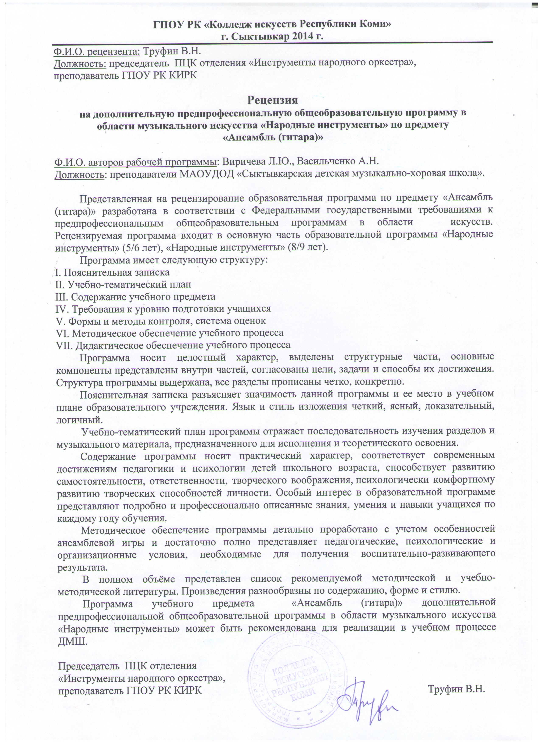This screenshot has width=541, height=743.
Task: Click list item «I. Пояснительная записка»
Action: click(x=112, y=272)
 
